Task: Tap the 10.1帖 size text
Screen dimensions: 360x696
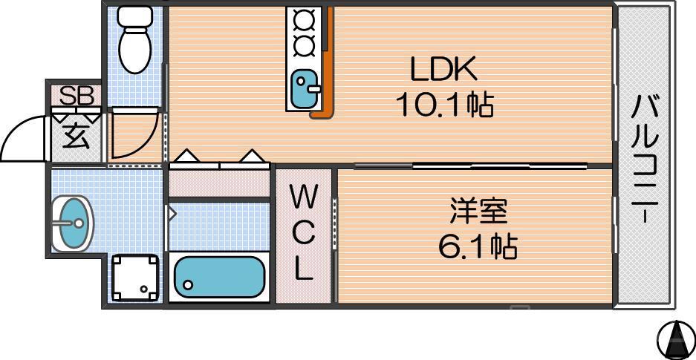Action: pyautogui.click(x=443, y=106)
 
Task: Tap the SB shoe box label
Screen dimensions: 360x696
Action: pyautogui.click(x=76, y=96)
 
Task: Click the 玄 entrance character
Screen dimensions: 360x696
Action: pyautogui.click(x=76, y=137)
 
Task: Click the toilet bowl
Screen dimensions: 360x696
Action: pyautogui.click(x=134, y=53)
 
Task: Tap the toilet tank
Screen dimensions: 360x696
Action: pyautogui.click(x=134, y=16)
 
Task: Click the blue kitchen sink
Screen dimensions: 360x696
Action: pyautogui.click(x=305, y=88)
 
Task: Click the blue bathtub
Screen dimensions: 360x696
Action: pyautogui.click(x=219, y=278)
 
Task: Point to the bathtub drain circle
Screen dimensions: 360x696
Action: pyautogui.click(x=188, y=284)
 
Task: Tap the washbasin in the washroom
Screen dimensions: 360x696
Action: pyautogui.click(x=73, y=222)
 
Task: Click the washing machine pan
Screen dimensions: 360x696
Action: pyautogui.click(x=134, y=278)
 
